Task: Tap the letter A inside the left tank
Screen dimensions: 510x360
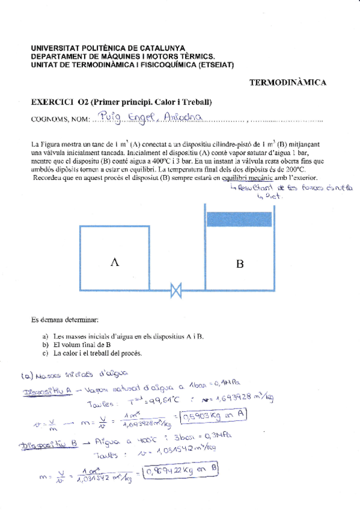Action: point(115,260)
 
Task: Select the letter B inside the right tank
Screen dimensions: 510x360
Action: point(239,262)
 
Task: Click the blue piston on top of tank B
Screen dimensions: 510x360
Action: point(239,218)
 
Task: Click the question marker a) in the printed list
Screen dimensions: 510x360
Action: point(45,337)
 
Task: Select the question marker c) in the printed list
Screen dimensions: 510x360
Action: point(45,354)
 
